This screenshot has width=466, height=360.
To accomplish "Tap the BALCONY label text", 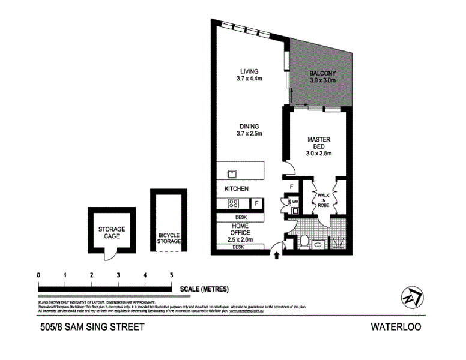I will [x=322, y=76].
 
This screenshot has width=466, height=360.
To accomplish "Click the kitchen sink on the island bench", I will [x=232, y=175].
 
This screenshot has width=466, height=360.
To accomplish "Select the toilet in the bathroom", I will [x=305, y=242].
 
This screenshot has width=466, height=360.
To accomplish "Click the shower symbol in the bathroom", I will [x=338, y=243].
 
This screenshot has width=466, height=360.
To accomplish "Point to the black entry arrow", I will [x=276, y=256].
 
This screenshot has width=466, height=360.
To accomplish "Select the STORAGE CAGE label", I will [x=112, y=232].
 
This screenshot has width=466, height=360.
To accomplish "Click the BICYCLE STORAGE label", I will [x=169, y=238].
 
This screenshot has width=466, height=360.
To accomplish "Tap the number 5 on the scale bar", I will [x=172, y=275].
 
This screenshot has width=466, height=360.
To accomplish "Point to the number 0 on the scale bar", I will [x=38, y=275].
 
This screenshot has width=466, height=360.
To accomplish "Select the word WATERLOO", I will [x=395, y=327].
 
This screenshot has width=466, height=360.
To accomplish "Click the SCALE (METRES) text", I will [x=204, y=288].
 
